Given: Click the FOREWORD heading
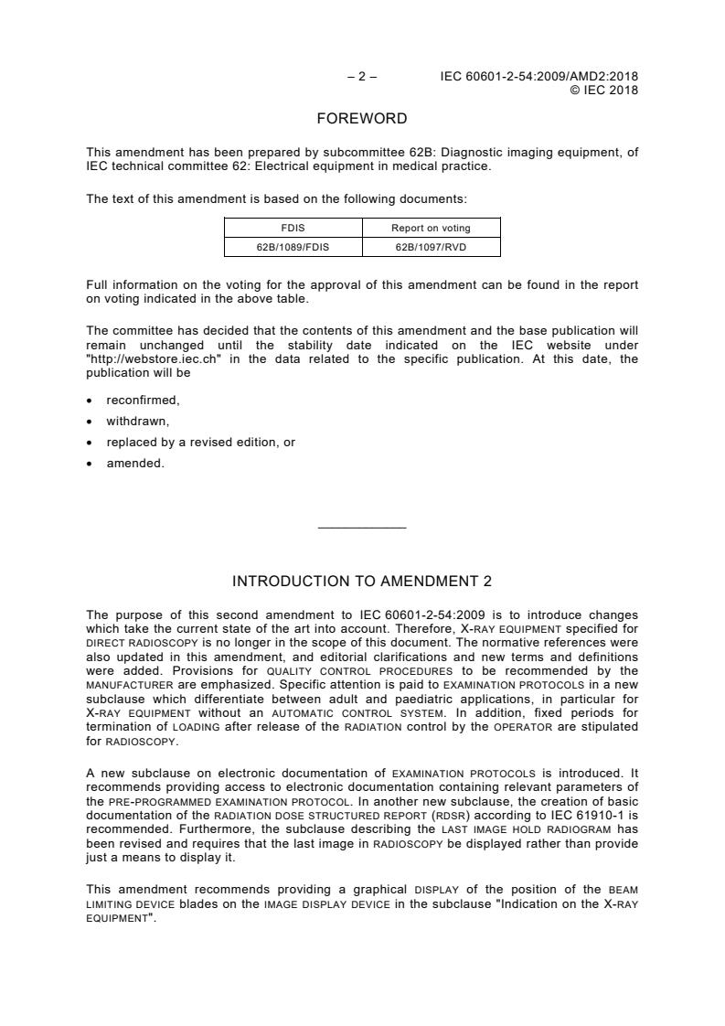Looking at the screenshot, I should pos(362,119).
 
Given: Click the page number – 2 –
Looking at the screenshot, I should pos(362,77).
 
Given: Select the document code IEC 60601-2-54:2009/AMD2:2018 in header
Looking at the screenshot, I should pos(539,77).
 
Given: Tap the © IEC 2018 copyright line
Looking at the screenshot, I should pos(603,90).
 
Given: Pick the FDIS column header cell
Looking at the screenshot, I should pos(293,228).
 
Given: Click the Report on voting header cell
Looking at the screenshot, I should pos(432,228).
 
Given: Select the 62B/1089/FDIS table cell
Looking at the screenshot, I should pos(293,247).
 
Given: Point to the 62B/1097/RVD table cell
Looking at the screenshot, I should pos(432,247).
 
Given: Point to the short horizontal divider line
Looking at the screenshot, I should pos(362,528).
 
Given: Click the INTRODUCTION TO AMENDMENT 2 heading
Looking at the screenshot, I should pos(362,582).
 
